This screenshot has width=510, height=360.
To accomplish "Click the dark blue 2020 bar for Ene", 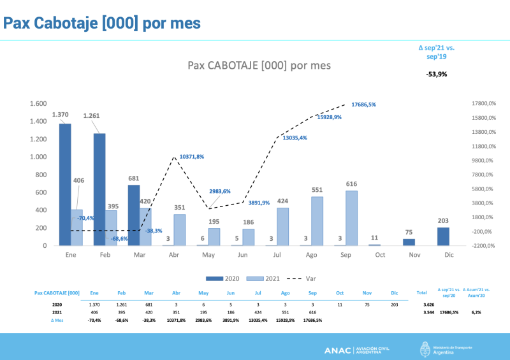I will click(65, 185).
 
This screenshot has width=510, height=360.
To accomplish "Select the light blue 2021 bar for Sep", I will click(352, 218).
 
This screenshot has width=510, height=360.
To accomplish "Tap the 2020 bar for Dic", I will click(443, 236).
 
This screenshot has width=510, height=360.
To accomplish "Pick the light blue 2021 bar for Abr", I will click(180, 230).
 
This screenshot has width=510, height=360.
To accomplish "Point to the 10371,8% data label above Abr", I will click(192, 156).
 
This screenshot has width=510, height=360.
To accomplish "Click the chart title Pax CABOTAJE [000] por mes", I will click(259, 66).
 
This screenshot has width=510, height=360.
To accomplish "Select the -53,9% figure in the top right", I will click(437, 74).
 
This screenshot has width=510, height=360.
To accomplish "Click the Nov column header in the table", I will click(367, 293).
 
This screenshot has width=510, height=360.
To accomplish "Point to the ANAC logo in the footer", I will click(356, 350).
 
